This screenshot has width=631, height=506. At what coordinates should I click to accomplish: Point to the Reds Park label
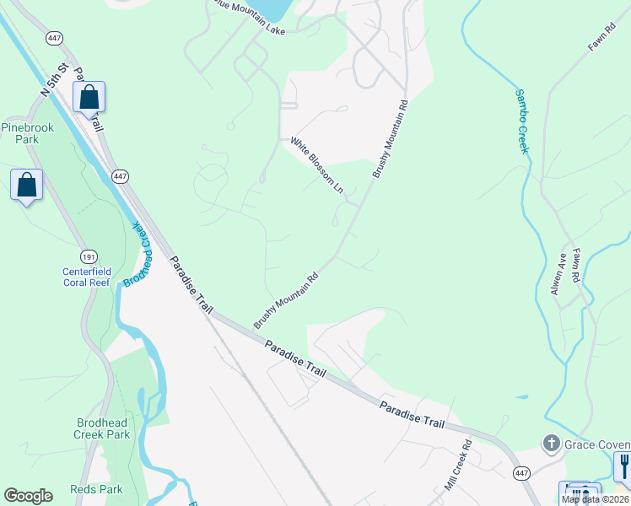click(97, 489)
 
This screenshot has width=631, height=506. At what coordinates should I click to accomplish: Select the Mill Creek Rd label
click(456, 465)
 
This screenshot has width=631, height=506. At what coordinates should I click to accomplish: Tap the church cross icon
click(551, 444)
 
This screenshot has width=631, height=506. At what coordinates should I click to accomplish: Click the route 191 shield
click(89, 256)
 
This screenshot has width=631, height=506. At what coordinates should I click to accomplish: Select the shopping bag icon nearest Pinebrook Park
click(26, 184)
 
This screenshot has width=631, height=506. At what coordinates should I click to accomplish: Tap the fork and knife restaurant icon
click(623, 466)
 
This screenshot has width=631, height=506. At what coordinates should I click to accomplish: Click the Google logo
click(28, 496)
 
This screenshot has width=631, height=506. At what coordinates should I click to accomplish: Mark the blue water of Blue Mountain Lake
click(272, 10)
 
